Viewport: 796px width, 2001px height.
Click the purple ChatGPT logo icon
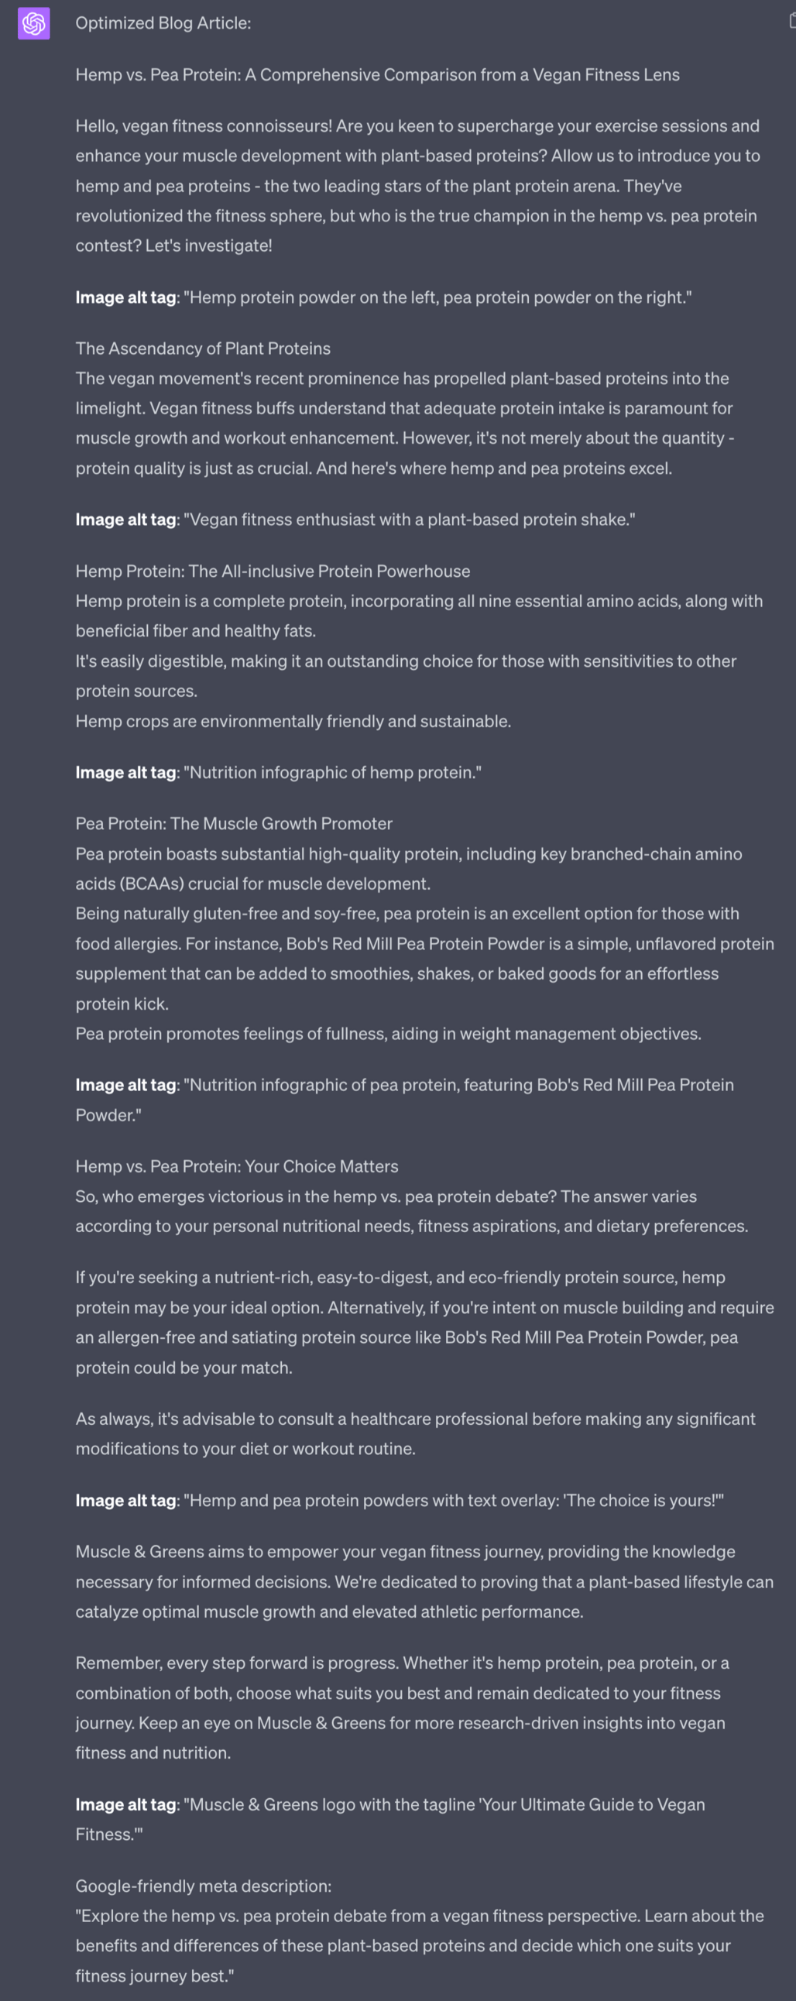[x=34, y=23]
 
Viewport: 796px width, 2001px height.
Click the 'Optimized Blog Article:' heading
[x=163, y=23]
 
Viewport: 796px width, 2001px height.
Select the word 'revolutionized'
[x=128, y=216]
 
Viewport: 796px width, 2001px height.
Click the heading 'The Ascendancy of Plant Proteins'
[x=203, y=348]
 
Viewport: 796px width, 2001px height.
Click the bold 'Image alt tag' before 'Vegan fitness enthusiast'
[x=125, y=520]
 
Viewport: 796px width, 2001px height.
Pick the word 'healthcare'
[x=389, y=1419]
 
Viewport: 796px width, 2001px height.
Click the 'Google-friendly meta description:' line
[x=204, y=1886]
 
